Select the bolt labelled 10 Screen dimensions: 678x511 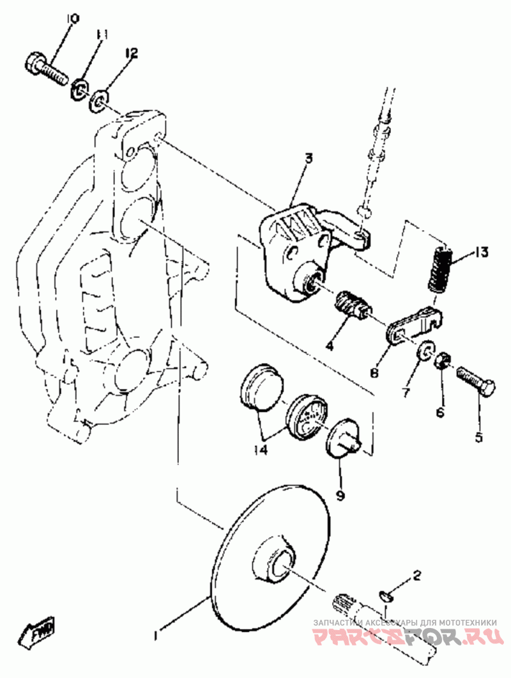click(x=47, y=69)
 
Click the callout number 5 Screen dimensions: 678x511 click(x=478, y=438)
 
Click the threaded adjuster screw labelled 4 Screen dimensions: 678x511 click(x=351, y=303)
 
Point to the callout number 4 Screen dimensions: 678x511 click(x=330, y=346)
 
